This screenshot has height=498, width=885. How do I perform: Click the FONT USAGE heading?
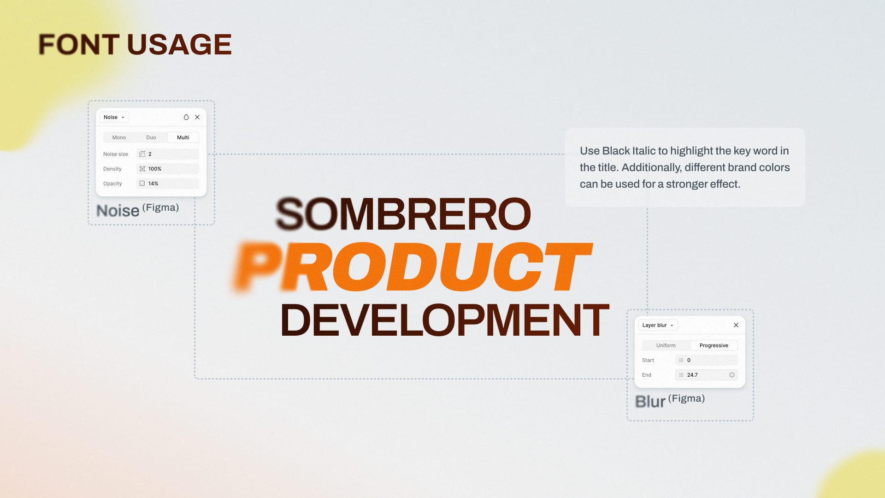[135, 44]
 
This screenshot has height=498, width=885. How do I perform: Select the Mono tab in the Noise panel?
[119, 137]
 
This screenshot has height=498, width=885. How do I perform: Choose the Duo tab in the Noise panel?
[151, 137]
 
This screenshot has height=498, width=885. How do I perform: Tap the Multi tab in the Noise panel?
[183, 137]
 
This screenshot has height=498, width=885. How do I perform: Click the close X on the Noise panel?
[197, 117]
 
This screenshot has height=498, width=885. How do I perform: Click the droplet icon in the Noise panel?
[186, 117]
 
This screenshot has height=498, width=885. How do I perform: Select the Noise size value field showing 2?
[168, 154]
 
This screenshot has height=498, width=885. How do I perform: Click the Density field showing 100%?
[168, 169]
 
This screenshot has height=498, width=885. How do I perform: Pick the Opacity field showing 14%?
[168, 184]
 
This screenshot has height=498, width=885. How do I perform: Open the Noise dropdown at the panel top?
[114, 117]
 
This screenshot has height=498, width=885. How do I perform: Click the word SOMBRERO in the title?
[403, 214]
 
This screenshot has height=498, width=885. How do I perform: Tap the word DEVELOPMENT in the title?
[445, 320]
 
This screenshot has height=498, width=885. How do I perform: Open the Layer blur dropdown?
[658, 325]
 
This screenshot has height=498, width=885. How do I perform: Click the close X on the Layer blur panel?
[736, 325]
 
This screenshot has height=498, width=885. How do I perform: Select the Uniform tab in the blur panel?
[666, 345]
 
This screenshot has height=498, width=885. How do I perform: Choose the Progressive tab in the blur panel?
[714, 345]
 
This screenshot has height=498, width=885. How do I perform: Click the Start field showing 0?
[707, 360]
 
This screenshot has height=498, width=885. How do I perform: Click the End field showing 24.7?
[707, 375]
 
